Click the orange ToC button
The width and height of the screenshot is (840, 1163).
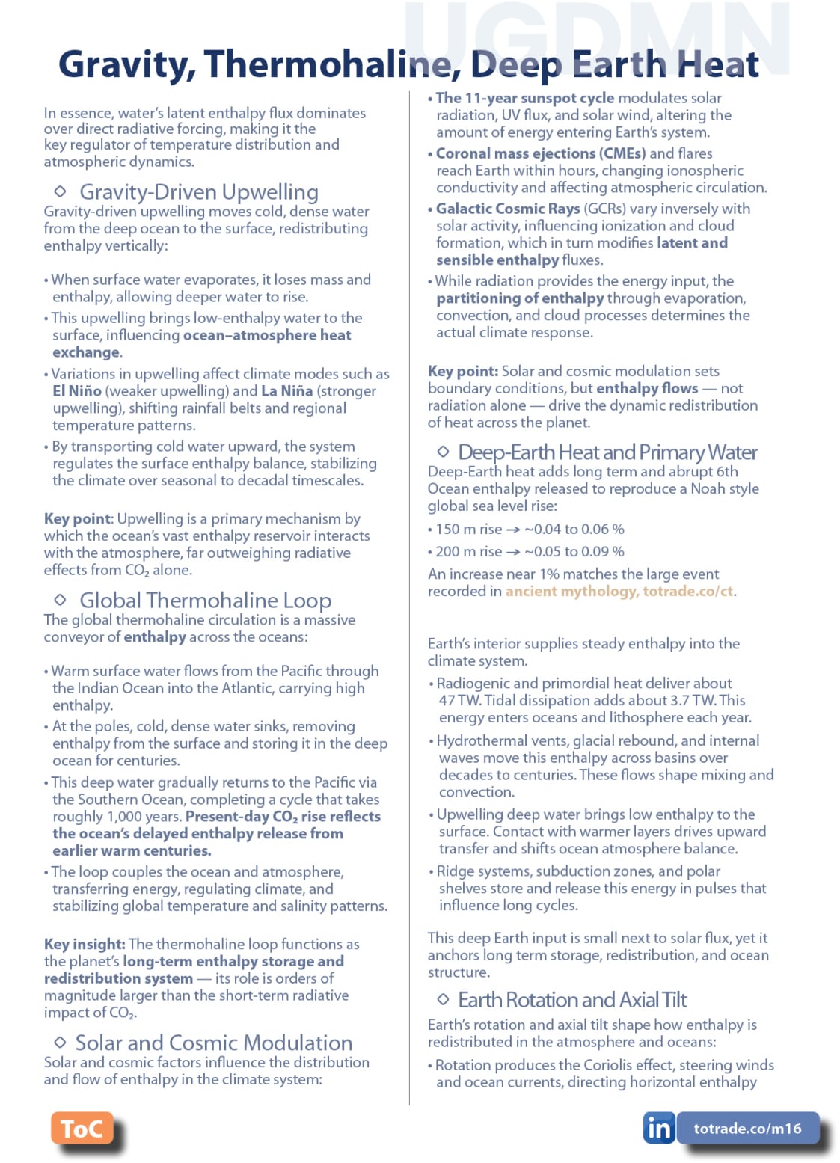tap(82, 1128)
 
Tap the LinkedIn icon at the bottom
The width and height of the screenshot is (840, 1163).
tap(658, 1128)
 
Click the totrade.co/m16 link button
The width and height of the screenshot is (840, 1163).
tap(747, 1128)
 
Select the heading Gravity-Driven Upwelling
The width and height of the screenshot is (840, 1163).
tap(199, 192)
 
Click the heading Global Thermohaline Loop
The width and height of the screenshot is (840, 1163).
tap(205, 600)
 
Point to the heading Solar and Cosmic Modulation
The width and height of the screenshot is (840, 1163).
tap(214, 1043)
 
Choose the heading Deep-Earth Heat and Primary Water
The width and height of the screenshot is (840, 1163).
tap(607, 452)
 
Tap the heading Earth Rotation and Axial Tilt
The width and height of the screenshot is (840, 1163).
tap(572, 1000)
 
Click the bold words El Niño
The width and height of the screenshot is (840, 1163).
tap(77, 391)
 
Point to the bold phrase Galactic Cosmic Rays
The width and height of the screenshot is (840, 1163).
tap(508, 209)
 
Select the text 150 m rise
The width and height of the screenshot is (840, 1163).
tap(468, 530)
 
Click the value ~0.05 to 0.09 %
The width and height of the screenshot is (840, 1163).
tap(574, 552)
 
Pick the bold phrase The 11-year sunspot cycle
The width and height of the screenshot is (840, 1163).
tap(525, 98)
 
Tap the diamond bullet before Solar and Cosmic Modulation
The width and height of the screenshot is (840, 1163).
tap(61, 1042)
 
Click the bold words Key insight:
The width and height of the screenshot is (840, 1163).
tap(85, 944)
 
